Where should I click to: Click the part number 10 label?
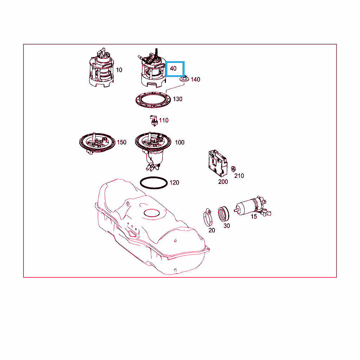pyautogui.click(x=119, y=70)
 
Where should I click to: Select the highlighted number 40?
pyautogui.click(x=173, y=69)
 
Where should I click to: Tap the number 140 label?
pyautogui.click(x=195, y=79)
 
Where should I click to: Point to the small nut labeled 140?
pyautogui.click(x=184, y=79)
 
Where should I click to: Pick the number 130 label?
pyautogui.click(x=178, y=99)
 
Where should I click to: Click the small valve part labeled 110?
pyautogui.click(x=154, y=121)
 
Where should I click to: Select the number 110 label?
pyautogui.click(x=164, y=120)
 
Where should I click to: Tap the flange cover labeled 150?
pyautogui.click(x=97, y=143)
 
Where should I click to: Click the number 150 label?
pyautogui.click(x=122, y=142)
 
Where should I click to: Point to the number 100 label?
pyautogui.click(x=180, y=143)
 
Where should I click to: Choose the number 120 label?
pyautogui.click(x=174, y=182)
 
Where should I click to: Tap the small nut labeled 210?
pyautogui.click(x=233, y=169)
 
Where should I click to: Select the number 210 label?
pyautogui.click(x=239, y=176)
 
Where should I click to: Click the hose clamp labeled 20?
pyautogui.click(x=208, y=217)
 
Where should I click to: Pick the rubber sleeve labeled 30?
pyautogui.click(x=223, y=214)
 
